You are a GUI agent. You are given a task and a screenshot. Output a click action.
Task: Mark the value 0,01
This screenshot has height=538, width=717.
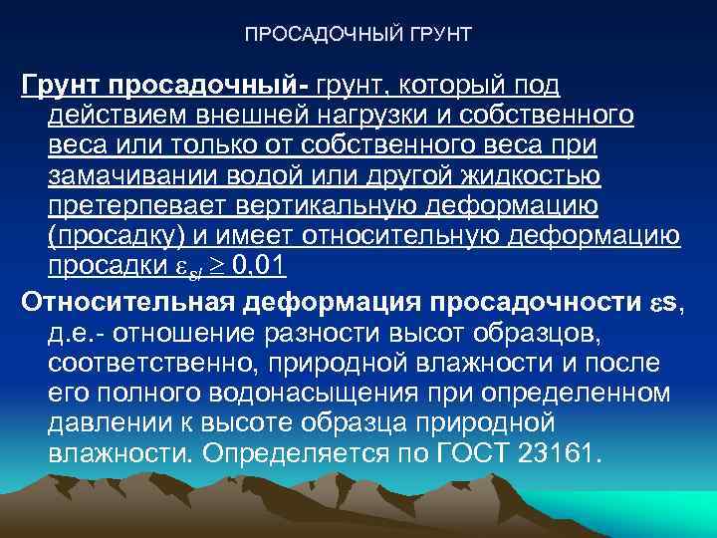tap(255, 266)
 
